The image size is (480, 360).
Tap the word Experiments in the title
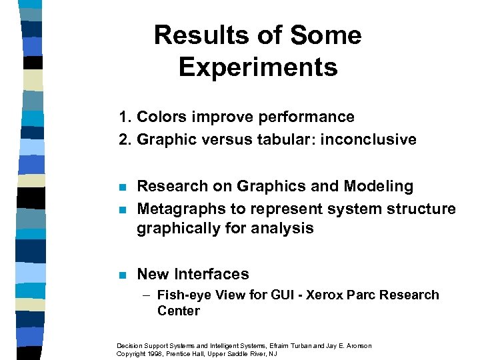258,67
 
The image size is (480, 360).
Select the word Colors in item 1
159,117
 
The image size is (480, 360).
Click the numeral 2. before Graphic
125,140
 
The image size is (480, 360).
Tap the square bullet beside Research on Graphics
121,187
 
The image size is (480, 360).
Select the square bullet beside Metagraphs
121,209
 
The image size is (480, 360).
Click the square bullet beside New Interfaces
121,275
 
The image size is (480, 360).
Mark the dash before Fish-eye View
150,295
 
